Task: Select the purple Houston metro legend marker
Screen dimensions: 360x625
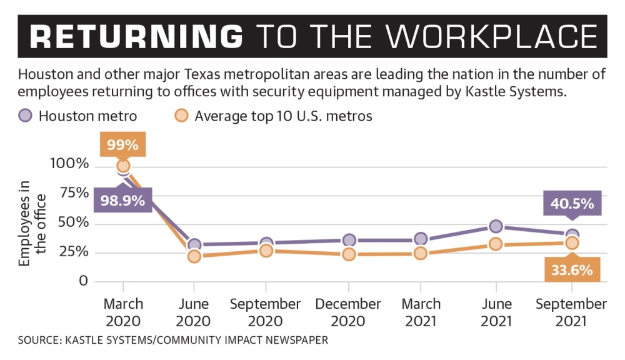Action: (x=25, y=116)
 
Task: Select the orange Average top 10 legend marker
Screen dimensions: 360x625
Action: (x=181, y=116)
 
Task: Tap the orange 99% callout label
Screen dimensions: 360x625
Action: (x=122, y=145)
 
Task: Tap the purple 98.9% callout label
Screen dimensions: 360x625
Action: (x=122, y=201)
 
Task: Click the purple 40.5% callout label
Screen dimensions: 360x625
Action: (x=572, y=204)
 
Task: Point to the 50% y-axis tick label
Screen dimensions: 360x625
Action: (x=74, y=223)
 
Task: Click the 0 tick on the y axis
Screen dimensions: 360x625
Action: (x=83, y=281)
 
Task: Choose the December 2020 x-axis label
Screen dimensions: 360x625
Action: (x=348, y=312)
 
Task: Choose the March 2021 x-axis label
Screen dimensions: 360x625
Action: (x=421, y=312)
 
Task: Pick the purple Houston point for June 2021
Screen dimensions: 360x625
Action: (x=496, y=226)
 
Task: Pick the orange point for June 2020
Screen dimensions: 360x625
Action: (x=194, y=256)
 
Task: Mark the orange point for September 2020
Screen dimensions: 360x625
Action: (x=266, y=251)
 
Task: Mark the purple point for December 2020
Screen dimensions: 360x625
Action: (x=349, y=241)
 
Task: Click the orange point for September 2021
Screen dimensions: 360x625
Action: (x=572, y=243)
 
